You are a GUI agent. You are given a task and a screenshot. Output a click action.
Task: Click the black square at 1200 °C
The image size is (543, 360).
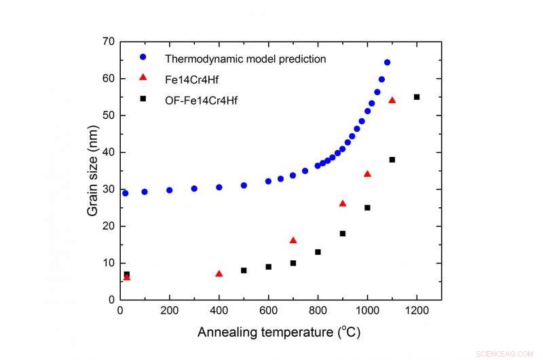[417, 97]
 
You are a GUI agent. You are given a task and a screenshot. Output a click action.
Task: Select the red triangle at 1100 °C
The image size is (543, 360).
[392, 101]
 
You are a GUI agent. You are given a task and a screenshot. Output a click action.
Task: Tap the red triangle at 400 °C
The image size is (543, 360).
[219, 274]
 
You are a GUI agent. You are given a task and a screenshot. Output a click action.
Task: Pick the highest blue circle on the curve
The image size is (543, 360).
[387, 62]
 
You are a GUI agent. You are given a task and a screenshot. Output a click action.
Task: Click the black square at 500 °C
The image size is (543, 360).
[244, 270]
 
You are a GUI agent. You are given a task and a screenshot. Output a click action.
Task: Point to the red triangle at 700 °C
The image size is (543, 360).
[293, 240]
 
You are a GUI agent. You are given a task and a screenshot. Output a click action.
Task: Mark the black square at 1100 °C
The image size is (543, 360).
[392, 160]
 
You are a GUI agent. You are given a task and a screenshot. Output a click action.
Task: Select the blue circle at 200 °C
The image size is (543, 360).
[170, 190]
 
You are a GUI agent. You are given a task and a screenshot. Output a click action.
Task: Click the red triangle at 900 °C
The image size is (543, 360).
[343, 204]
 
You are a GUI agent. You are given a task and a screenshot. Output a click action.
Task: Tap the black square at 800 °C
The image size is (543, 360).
[318, 252]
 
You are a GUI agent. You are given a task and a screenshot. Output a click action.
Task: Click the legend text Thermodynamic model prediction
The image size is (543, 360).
[247, 59]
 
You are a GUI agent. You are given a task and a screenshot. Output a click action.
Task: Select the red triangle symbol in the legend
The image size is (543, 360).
[143, 79]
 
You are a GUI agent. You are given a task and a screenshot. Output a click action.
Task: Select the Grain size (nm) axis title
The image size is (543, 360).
[92, 170]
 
